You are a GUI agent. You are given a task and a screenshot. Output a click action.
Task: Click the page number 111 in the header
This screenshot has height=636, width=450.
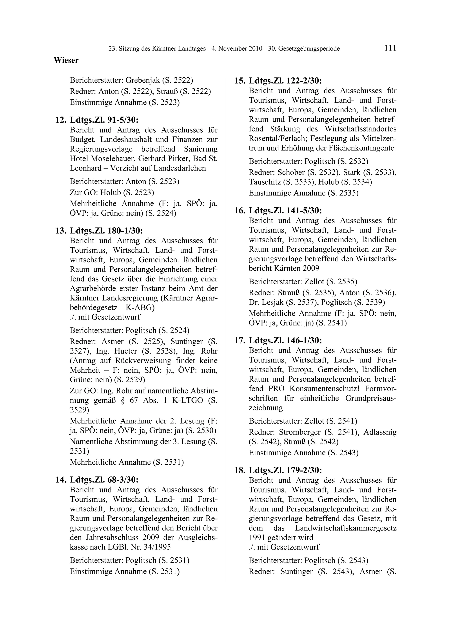point(390,48)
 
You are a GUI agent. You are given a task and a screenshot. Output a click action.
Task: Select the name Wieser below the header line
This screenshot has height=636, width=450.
point(66,60)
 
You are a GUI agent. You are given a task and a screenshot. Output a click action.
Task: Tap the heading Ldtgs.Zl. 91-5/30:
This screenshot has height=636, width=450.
point(104,120)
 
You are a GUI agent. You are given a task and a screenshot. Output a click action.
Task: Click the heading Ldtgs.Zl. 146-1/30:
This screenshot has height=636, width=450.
point(285,340)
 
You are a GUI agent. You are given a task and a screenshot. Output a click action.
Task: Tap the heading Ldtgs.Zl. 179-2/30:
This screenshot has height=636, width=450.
point(285,470)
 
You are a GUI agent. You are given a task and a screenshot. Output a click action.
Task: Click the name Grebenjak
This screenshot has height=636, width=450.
point(143,80)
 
